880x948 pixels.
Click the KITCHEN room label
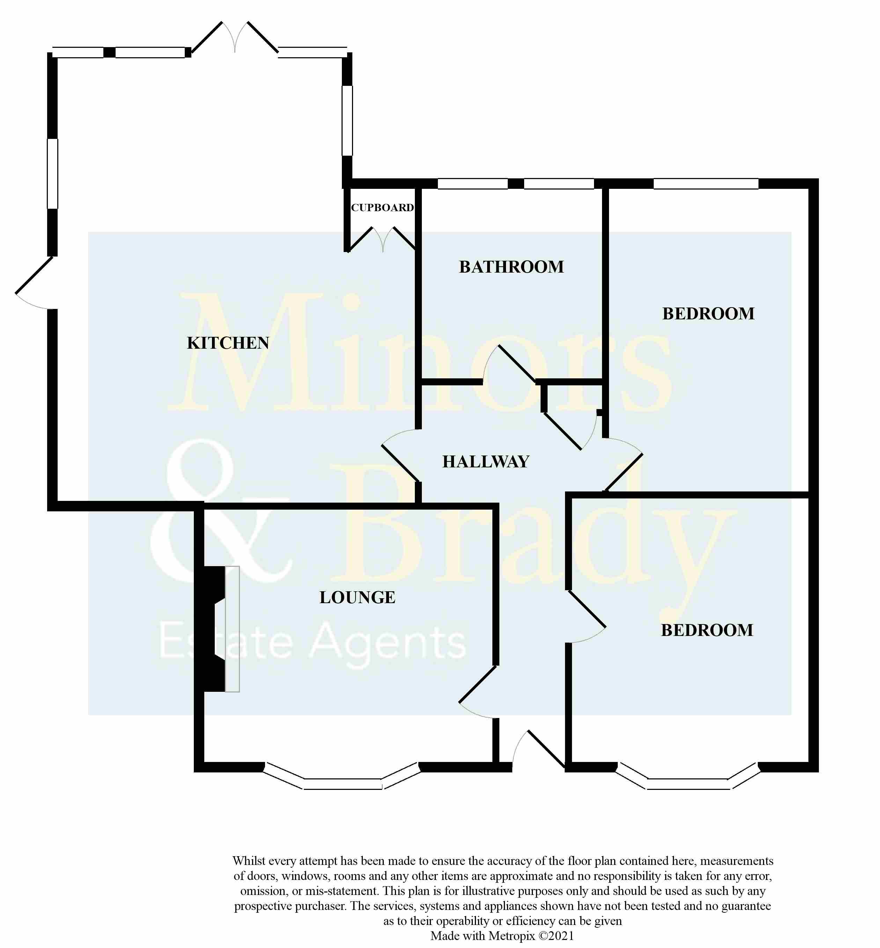coord(228,343)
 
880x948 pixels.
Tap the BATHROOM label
coord(511,267)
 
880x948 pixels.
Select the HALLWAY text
coord(485,462)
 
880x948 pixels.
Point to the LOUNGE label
coord(357,597)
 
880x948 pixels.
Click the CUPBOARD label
coord(382,207)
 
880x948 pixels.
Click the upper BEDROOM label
coord(708,314)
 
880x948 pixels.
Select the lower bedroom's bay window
coord(688,782)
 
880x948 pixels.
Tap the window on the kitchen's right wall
coord(347,120)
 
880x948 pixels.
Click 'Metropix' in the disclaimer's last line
coord(512,936)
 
